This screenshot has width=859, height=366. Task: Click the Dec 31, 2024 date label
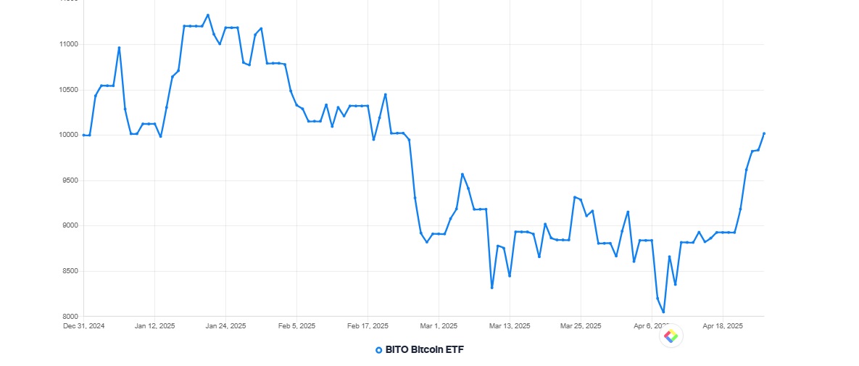tap(83, 326)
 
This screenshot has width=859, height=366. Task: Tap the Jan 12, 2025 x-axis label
tap(154, 326)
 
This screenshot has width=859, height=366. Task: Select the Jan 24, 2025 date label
tap(225, 326)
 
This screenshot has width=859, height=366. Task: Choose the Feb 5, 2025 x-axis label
tap(296, 326)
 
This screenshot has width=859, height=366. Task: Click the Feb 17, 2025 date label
tap(368, 326)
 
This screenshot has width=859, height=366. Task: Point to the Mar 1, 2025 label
tap(439, 326)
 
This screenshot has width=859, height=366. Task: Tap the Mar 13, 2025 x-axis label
tap(510, 326)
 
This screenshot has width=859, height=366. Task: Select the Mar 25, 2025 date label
tap(581, 326)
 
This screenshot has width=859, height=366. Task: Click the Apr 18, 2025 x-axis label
tap(723, 326)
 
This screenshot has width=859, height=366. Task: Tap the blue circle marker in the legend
tap(378, 350)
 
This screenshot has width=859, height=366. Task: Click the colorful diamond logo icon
tap(671, 336)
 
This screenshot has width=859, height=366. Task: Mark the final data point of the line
tap(764, 133)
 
